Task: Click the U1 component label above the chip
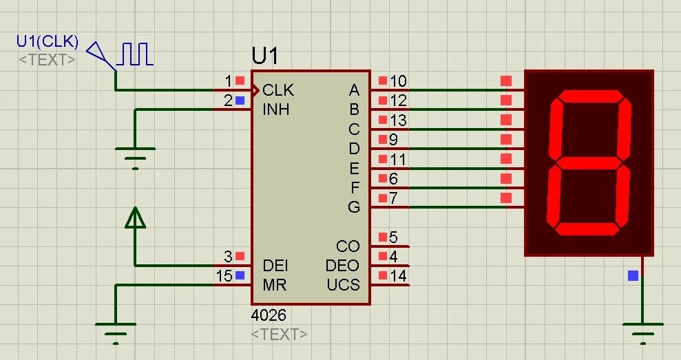click(x=266, y=55)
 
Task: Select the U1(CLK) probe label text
click(x=48, y=43)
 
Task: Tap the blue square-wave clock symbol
click(x=135, y=54)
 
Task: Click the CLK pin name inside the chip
click(x=278, y=90)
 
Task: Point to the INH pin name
click(x=276, y=109)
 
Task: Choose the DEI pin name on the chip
click(x=275, y=266)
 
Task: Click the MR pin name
click(x=274, y=285)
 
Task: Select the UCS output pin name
click(x=343, y=285)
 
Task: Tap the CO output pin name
click(x=348, y=246)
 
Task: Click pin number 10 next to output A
click(x=398, y=81)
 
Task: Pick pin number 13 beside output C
click(x=398, y=120)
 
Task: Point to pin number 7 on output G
click(x=393, y=199)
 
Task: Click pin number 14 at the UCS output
click(x=398, y=277)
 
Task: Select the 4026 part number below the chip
click(x=269, y=315)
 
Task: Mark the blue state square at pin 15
click(x=240, y=276)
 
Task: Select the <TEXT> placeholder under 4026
click(x=280, y=335)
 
